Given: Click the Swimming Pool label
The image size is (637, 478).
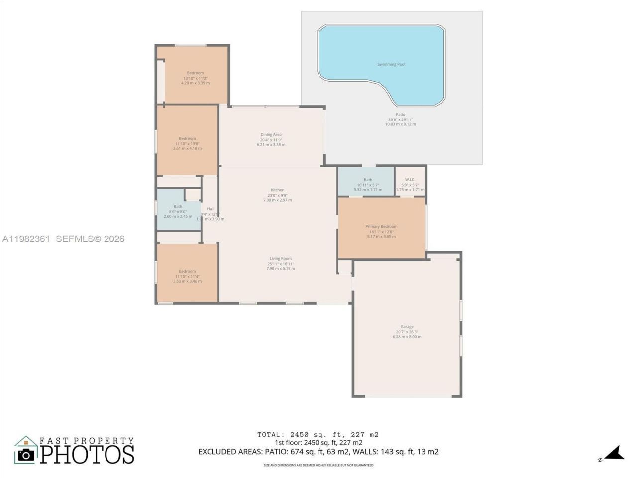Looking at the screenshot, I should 391,64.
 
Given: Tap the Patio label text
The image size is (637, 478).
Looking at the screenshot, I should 400,115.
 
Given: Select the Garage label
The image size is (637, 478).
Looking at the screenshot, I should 407,327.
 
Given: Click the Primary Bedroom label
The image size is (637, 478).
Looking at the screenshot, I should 381,226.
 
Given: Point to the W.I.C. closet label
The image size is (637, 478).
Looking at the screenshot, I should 410,180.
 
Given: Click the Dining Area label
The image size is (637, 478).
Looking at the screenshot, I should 271,134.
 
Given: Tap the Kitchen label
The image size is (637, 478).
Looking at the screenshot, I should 277,190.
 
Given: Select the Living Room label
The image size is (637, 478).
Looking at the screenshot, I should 280,258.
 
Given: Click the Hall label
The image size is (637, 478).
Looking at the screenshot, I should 210,209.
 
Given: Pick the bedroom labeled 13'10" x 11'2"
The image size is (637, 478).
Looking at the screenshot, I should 195,78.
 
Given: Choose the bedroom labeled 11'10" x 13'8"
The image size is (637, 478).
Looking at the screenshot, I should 187,143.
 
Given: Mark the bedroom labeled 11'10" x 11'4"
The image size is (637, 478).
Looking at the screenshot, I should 187,276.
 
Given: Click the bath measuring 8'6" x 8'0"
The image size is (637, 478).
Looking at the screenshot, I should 178,211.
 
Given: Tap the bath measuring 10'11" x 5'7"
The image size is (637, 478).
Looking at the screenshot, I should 368,185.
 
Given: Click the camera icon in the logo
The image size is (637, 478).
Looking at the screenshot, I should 26,454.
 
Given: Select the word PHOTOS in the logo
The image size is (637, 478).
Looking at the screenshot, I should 87,454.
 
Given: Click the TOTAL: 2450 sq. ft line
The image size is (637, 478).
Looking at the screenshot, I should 318,434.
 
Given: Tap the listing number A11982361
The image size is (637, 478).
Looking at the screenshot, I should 26,239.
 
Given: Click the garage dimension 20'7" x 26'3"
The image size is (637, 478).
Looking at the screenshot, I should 407,332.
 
